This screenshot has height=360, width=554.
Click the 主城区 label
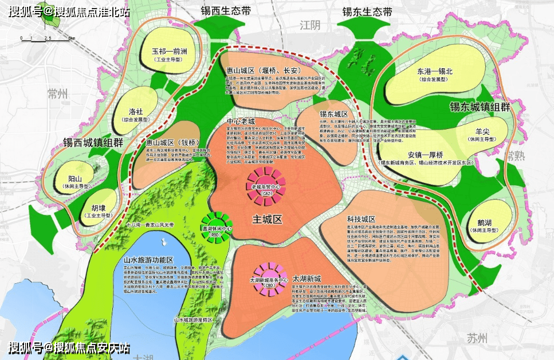(269, 218)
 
